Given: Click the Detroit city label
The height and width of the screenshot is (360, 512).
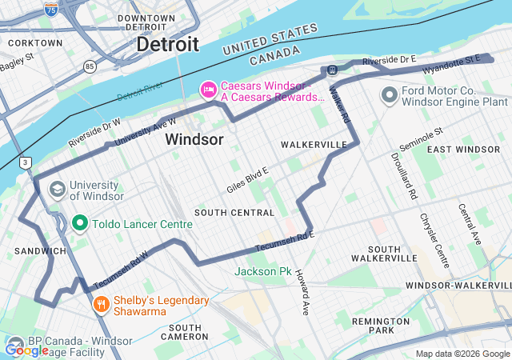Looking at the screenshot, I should pos(167,44).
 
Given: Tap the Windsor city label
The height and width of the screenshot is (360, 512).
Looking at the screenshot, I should pos(194,139).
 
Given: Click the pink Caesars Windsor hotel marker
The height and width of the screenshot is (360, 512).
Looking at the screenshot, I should pos(208,90).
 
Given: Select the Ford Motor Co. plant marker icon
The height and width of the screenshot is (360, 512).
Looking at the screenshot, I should pos(390,95).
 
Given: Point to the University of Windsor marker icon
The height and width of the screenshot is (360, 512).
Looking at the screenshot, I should pos(58,190).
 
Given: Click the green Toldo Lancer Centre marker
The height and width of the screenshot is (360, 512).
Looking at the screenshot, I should pos(80,223).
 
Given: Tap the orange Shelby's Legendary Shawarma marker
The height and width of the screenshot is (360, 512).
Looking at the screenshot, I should pos(102,304).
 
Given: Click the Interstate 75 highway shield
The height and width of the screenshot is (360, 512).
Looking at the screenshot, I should pos(51,9).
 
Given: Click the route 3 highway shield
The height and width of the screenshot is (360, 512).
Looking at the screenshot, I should pos(26,162).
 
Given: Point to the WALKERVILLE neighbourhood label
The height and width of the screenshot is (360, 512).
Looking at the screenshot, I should pos(314,144).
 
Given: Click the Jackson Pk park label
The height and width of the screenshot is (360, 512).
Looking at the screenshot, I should pos(262,272).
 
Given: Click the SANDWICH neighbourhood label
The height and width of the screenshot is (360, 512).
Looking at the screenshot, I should pos(40,251).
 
